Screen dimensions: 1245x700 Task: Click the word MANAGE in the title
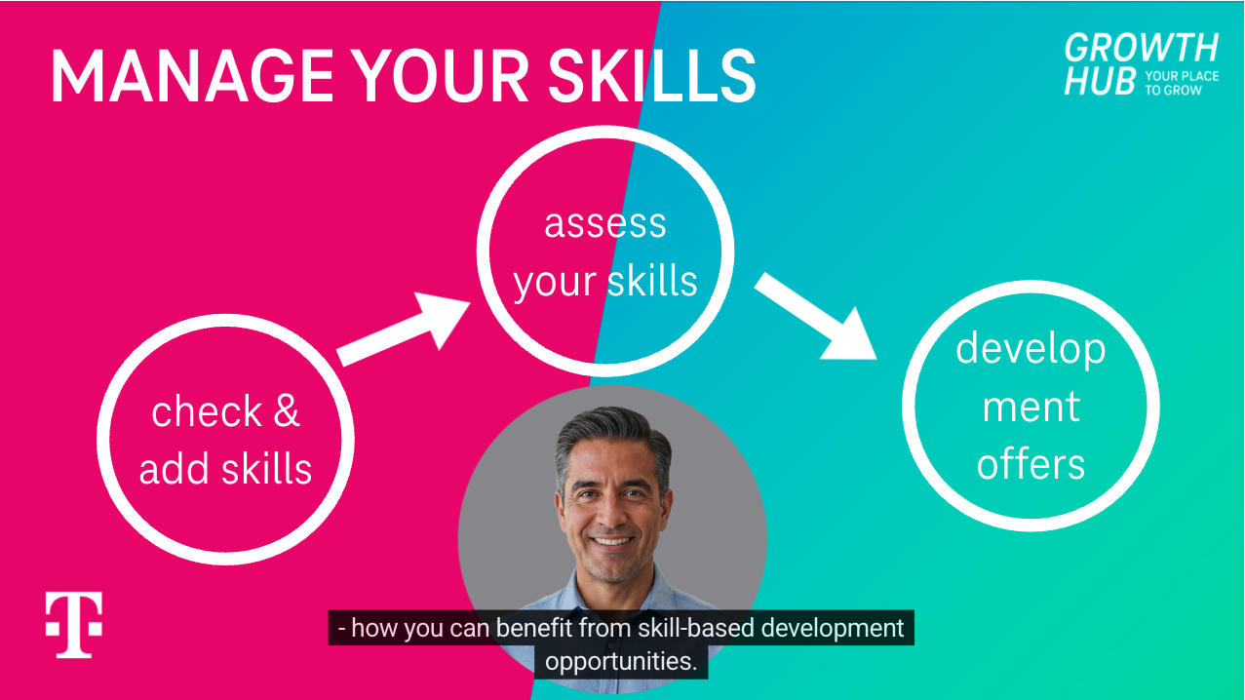click(192, 76)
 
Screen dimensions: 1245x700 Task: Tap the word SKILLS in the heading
click(652, 76)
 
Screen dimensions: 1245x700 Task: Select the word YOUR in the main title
click(442, 76)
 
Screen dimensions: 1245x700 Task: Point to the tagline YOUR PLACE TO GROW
click(1182, 84)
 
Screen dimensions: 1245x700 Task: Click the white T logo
click(74, 624)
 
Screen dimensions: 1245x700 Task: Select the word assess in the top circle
click(605, 223)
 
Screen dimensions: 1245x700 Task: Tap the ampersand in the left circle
click(287, 410)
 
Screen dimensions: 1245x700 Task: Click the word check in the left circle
click(207, 410)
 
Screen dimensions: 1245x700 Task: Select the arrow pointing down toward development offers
click(815, 316)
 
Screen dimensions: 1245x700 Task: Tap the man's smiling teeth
click(612, 541)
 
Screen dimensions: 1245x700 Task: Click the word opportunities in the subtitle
click(621, 662)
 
